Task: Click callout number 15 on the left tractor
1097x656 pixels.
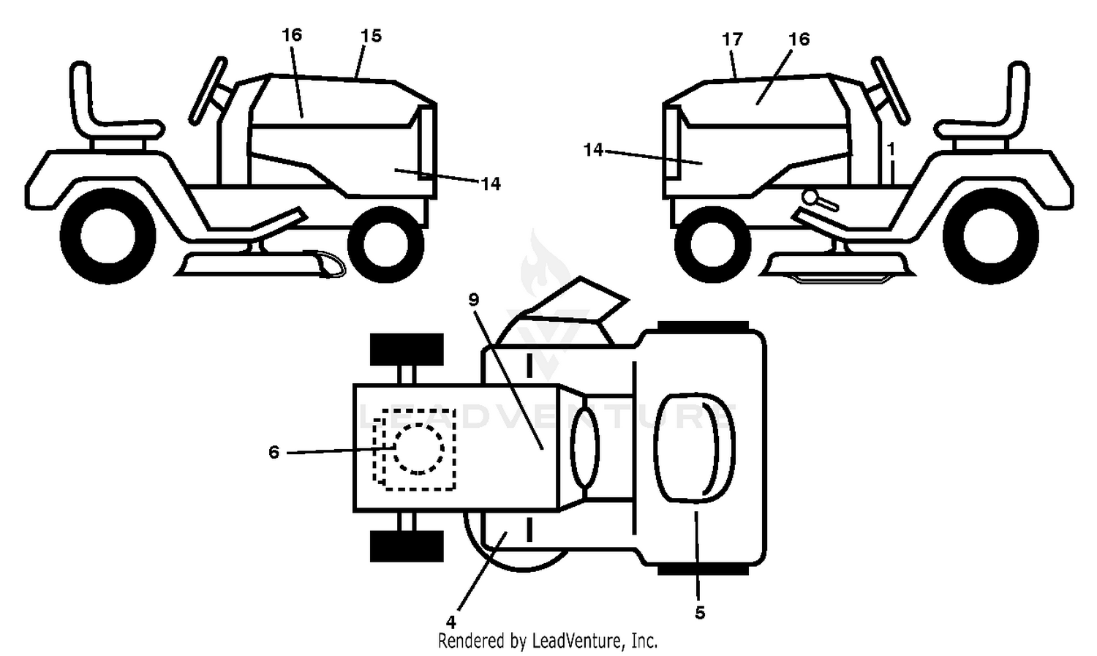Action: click(x=371, y=36)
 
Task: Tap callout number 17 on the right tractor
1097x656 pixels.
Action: click(x=732, y=39)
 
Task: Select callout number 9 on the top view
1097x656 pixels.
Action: click(x=474, y=299)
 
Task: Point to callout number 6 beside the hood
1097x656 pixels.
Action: click(x=274, y=452)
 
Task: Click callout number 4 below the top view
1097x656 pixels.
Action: click(x=451, y=622)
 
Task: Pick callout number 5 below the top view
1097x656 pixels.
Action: click(x=700, y=612)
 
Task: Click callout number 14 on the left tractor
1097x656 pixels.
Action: click(x=491, y=184)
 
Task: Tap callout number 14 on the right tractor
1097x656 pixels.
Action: click(x=593, y=150)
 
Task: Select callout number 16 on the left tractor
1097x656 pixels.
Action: click(x=292, y=35)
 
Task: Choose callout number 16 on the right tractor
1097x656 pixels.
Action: click(x=799, y=39)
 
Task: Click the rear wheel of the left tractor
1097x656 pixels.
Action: click(x=108, y=235)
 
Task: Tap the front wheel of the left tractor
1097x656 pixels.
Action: click(x=385, y=244)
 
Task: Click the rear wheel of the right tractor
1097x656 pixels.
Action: click(x=991, y=235)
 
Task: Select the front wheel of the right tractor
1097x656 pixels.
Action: click(x=712, y=244)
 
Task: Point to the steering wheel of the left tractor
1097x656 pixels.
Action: click(x=208, y=91)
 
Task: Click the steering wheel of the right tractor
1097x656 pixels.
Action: click(x=890, y=91)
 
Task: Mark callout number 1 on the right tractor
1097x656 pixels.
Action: click(x=891, y=148)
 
